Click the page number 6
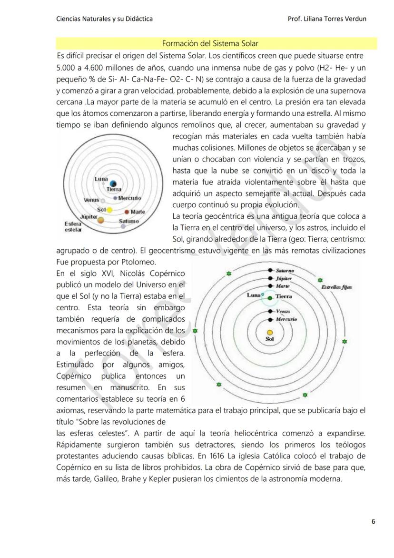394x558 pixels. coord(374,521)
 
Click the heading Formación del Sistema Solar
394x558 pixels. coord(210,44)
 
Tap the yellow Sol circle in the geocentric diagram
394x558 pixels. coord(109,210)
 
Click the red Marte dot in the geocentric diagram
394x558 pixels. coord(127,212)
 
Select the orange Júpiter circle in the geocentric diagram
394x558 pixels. coord(101,220)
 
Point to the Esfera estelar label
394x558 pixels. coord(72,226)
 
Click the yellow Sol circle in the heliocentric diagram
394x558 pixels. coord(270,333)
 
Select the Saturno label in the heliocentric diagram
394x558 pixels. coord(285,270)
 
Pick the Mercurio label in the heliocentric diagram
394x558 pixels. coord(286,319)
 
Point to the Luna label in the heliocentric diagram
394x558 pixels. coord(253,295)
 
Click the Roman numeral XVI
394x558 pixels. coord(99,273)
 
